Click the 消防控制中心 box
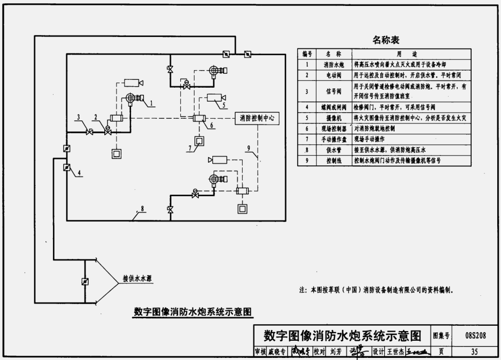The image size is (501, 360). click(x=257, y=118)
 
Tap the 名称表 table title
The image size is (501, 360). click(x=386, y=40)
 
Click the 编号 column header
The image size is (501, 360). click(x=307, y=54)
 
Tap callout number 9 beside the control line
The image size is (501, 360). click(x=249, y=148)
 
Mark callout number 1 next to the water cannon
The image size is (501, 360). click(x=152, y=102)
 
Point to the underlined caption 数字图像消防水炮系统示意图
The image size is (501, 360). click(x=192, y=311)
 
